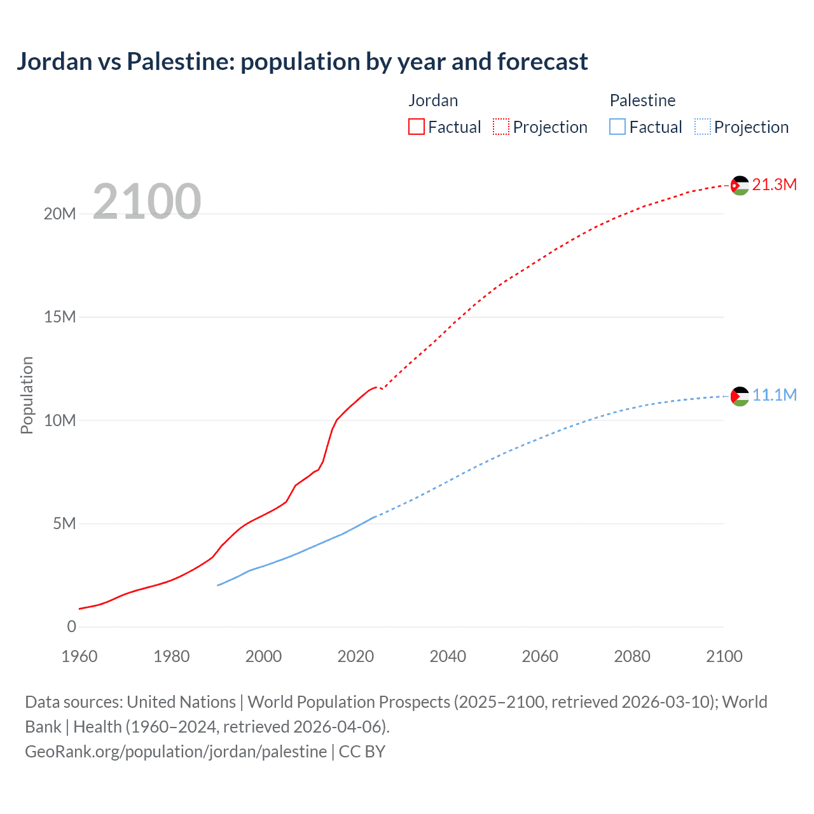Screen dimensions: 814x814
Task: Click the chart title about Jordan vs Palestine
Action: click(x=302, y=62)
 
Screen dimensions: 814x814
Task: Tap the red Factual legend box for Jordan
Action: click(x=417, y=127)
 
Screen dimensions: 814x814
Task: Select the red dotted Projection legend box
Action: click(x=501, y=127)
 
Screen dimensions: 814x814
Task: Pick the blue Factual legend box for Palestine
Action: click(x=617, y=127)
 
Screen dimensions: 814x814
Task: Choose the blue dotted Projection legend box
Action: click(x=702, y=127)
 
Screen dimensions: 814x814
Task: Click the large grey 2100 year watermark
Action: click(x=147, y=202)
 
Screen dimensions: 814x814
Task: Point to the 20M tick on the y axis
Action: click(x=60, y=214)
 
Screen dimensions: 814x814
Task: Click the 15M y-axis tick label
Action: click(x=60, y=317)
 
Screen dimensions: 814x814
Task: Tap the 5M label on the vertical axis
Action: click(x=64, y=523)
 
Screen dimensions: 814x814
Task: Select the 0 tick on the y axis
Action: click(x=71, y=626)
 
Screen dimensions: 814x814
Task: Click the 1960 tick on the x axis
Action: click(x=79, y=656)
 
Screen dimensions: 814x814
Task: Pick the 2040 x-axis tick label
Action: click(x=448, y=656)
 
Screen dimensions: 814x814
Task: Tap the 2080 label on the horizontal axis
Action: click(x=632, y=656)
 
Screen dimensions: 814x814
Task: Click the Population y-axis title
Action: click(x=27, y=395)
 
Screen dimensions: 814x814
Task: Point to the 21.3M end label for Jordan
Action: click(x=775, y=184)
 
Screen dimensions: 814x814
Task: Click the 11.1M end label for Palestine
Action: click(x=775, y=395)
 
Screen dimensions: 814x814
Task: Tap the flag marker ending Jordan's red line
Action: click(x=740, y=186)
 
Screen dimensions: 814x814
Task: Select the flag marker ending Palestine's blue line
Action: click(x=740, y=396)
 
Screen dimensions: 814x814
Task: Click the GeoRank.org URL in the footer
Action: click(x=176, y=751)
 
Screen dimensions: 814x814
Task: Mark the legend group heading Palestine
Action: click(x=642, y=100)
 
